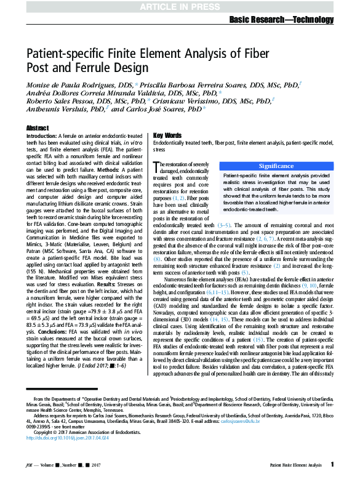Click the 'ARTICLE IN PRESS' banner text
coord(179,6)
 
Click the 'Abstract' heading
coord(37,127)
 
